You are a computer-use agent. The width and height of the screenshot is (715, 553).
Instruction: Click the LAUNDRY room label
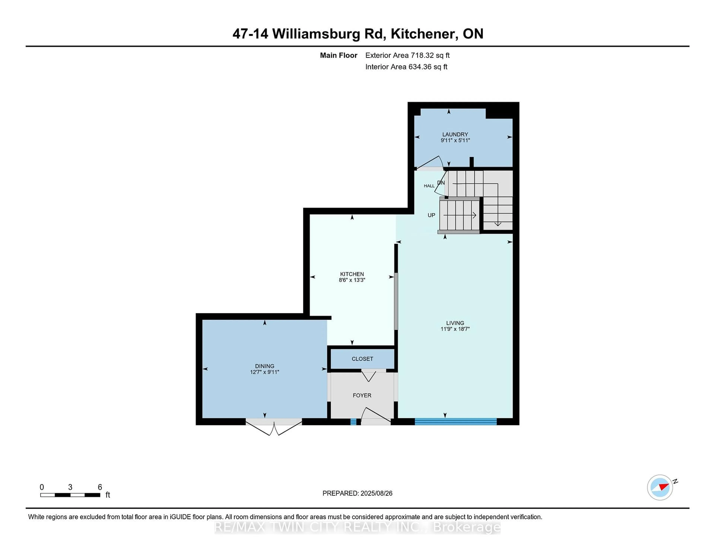[455, 134]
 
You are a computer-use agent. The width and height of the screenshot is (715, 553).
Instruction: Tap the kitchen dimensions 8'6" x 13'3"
[352, 280]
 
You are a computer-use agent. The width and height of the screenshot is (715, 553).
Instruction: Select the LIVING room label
[455, 323]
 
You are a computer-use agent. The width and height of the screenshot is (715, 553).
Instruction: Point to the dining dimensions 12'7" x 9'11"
[265, 372]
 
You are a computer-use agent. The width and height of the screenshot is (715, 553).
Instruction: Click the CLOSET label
[362, 359]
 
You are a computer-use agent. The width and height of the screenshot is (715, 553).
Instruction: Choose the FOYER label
[362, 395]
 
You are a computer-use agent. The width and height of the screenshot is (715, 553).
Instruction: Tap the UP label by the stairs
[431, 215]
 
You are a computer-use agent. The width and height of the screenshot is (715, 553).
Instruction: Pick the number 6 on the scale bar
[100, 487]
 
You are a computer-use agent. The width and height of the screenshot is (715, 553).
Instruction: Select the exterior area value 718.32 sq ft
[430, 55]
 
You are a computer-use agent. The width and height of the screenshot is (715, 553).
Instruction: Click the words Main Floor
[339, 55]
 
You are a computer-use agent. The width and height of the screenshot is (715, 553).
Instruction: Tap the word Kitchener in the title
[424, 34]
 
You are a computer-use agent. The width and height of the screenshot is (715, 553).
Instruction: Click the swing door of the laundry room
[430, 162]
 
